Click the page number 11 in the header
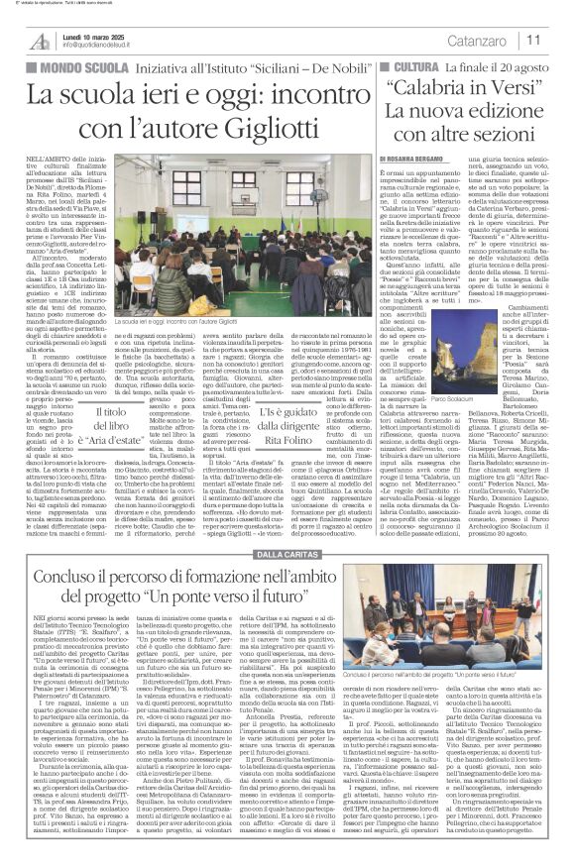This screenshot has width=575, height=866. click(561, 40)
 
